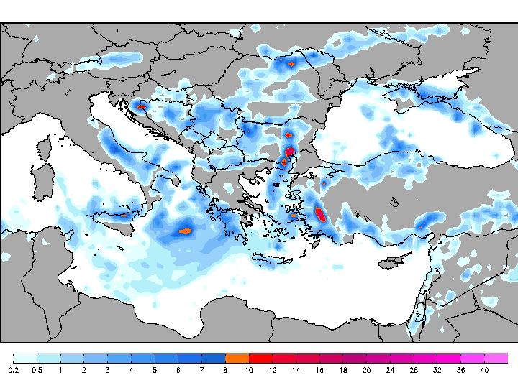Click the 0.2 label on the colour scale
pos(13,370)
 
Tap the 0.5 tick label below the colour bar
pos(37,370)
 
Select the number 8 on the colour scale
pos(225,370)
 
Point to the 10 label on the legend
pos(249,370)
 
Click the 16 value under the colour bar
pos(319,370)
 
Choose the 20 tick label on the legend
pos(366,370)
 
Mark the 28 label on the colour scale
pos(414,370)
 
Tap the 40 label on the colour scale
pos(484,370)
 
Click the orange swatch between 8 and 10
pos(237,358)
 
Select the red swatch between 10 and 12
pos(260,358)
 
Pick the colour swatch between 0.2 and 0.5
pos(25,358)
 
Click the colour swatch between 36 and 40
pos(473,358)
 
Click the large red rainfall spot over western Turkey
pos(320,213)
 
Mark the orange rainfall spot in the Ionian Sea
pos(185,231)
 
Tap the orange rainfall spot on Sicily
pos(124,215)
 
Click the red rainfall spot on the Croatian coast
pos(142,108)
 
